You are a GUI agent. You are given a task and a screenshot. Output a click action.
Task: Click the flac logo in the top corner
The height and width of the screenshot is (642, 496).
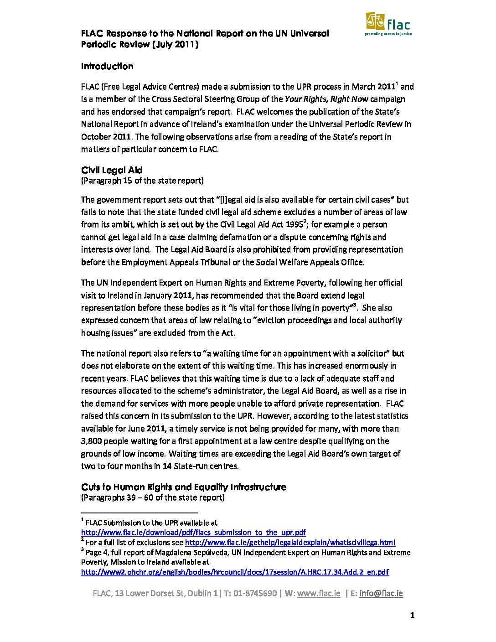(x=388, y=24)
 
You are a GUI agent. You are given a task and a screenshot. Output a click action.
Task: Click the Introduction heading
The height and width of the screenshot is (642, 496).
(x=107, y=66)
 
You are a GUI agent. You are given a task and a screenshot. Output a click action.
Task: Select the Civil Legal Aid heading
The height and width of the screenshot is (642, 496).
(x=112, y=170)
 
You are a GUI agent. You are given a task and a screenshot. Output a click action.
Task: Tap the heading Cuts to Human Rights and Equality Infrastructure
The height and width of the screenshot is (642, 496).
(x=183, y=487)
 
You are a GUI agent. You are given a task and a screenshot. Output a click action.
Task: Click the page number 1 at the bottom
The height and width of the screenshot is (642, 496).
(x=412, y=616)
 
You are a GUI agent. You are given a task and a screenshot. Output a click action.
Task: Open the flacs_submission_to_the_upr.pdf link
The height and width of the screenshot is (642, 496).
(x=193, y=532)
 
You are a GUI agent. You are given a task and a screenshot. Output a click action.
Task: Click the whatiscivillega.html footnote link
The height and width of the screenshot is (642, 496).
(x=289, y=542)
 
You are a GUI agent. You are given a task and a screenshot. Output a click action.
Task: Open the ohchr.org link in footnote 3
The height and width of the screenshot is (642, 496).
(x=235, y=572)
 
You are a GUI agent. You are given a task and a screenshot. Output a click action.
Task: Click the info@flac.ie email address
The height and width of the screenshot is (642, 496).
(x=381, y=593)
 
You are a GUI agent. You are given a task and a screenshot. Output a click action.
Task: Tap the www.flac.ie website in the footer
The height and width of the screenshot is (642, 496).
(x=318, y=593)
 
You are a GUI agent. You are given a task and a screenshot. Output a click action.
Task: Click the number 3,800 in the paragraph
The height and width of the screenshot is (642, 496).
(x=93, y=441)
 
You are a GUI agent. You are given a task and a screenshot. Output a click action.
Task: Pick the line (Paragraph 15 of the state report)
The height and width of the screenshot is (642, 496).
(x=142, y=181)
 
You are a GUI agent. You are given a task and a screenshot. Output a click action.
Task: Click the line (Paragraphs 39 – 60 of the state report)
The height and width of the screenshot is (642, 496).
(x=153, y=497)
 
